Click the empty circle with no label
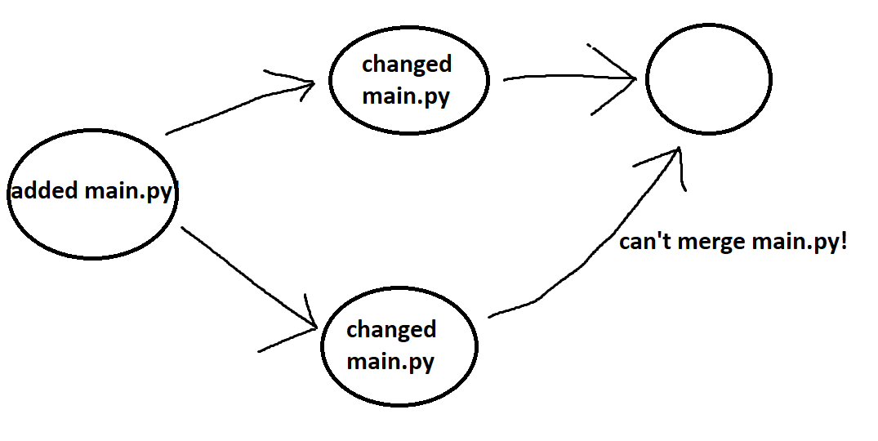tap(708, 79)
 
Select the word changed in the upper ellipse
tap(406, 64)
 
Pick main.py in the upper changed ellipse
tap(406, 96)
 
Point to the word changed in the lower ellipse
tap(391, 329)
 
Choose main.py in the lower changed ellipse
tap(390, 360)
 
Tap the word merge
tap(708, 243)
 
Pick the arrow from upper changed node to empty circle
tap(564, 76)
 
